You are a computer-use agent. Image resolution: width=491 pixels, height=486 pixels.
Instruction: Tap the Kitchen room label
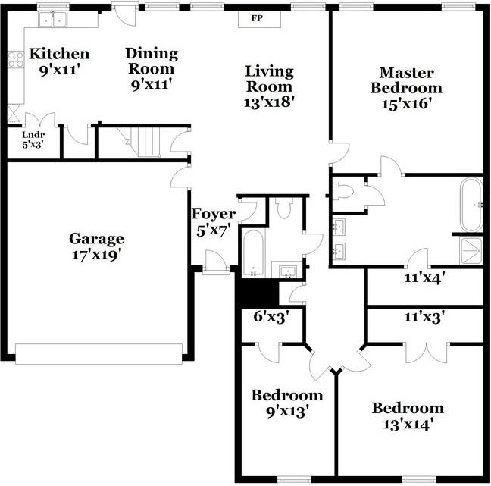click(59, 55)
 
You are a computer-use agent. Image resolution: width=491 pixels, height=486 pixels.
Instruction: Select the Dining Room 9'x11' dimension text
click(152, 84)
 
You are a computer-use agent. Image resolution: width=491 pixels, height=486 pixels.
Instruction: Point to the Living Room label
click(269, 79)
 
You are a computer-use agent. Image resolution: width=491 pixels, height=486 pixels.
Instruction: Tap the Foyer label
click(213, 215)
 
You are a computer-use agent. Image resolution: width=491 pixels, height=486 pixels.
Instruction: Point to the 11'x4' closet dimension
click(424, 277)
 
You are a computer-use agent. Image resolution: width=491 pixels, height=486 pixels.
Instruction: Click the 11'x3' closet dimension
click(424, 316)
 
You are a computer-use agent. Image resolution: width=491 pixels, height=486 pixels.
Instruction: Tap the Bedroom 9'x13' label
click(286, 403)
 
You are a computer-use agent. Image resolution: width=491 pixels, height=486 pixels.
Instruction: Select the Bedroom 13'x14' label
click(407, 416)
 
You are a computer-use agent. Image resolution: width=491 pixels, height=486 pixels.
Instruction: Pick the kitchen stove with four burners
click(15, 59)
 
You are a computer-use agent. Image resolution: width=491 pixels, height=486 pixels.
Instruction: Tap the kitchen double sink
click(53, 20)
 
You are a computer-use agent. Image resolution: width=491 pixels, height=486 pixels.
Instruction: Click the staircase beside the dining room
click(143, 141)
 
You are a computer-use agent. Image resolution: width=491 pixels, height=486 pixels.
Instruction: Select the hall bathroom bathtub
click(252, 254)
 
